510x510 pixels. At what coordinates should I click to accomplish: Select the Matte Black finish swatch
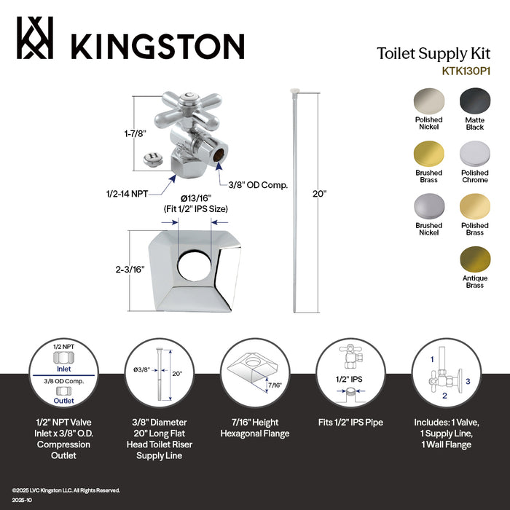pyautogui.click(x=474, y=101)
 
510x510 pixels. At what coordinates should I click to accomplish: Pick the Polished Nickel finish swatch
pyautogui.click(x=428, y=101)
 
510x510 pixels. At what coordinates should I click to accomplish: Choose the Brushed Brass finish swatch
pyautogui.click(x=428, y=154)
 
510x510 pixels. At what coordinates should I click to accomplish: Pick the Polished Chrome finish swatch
pyautogui.click(x=474, y=154)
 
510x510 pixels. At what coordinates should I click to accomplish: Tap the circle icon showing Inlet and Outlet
pyautogui.click(x=64, y=372)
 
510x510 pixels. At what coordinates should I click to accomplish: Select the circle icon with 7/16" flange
pyautogui.click(x=250, y=372)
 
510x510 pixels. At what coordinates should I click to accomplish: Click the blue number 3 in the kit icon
pyautogui.click(x=468, y=380)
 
